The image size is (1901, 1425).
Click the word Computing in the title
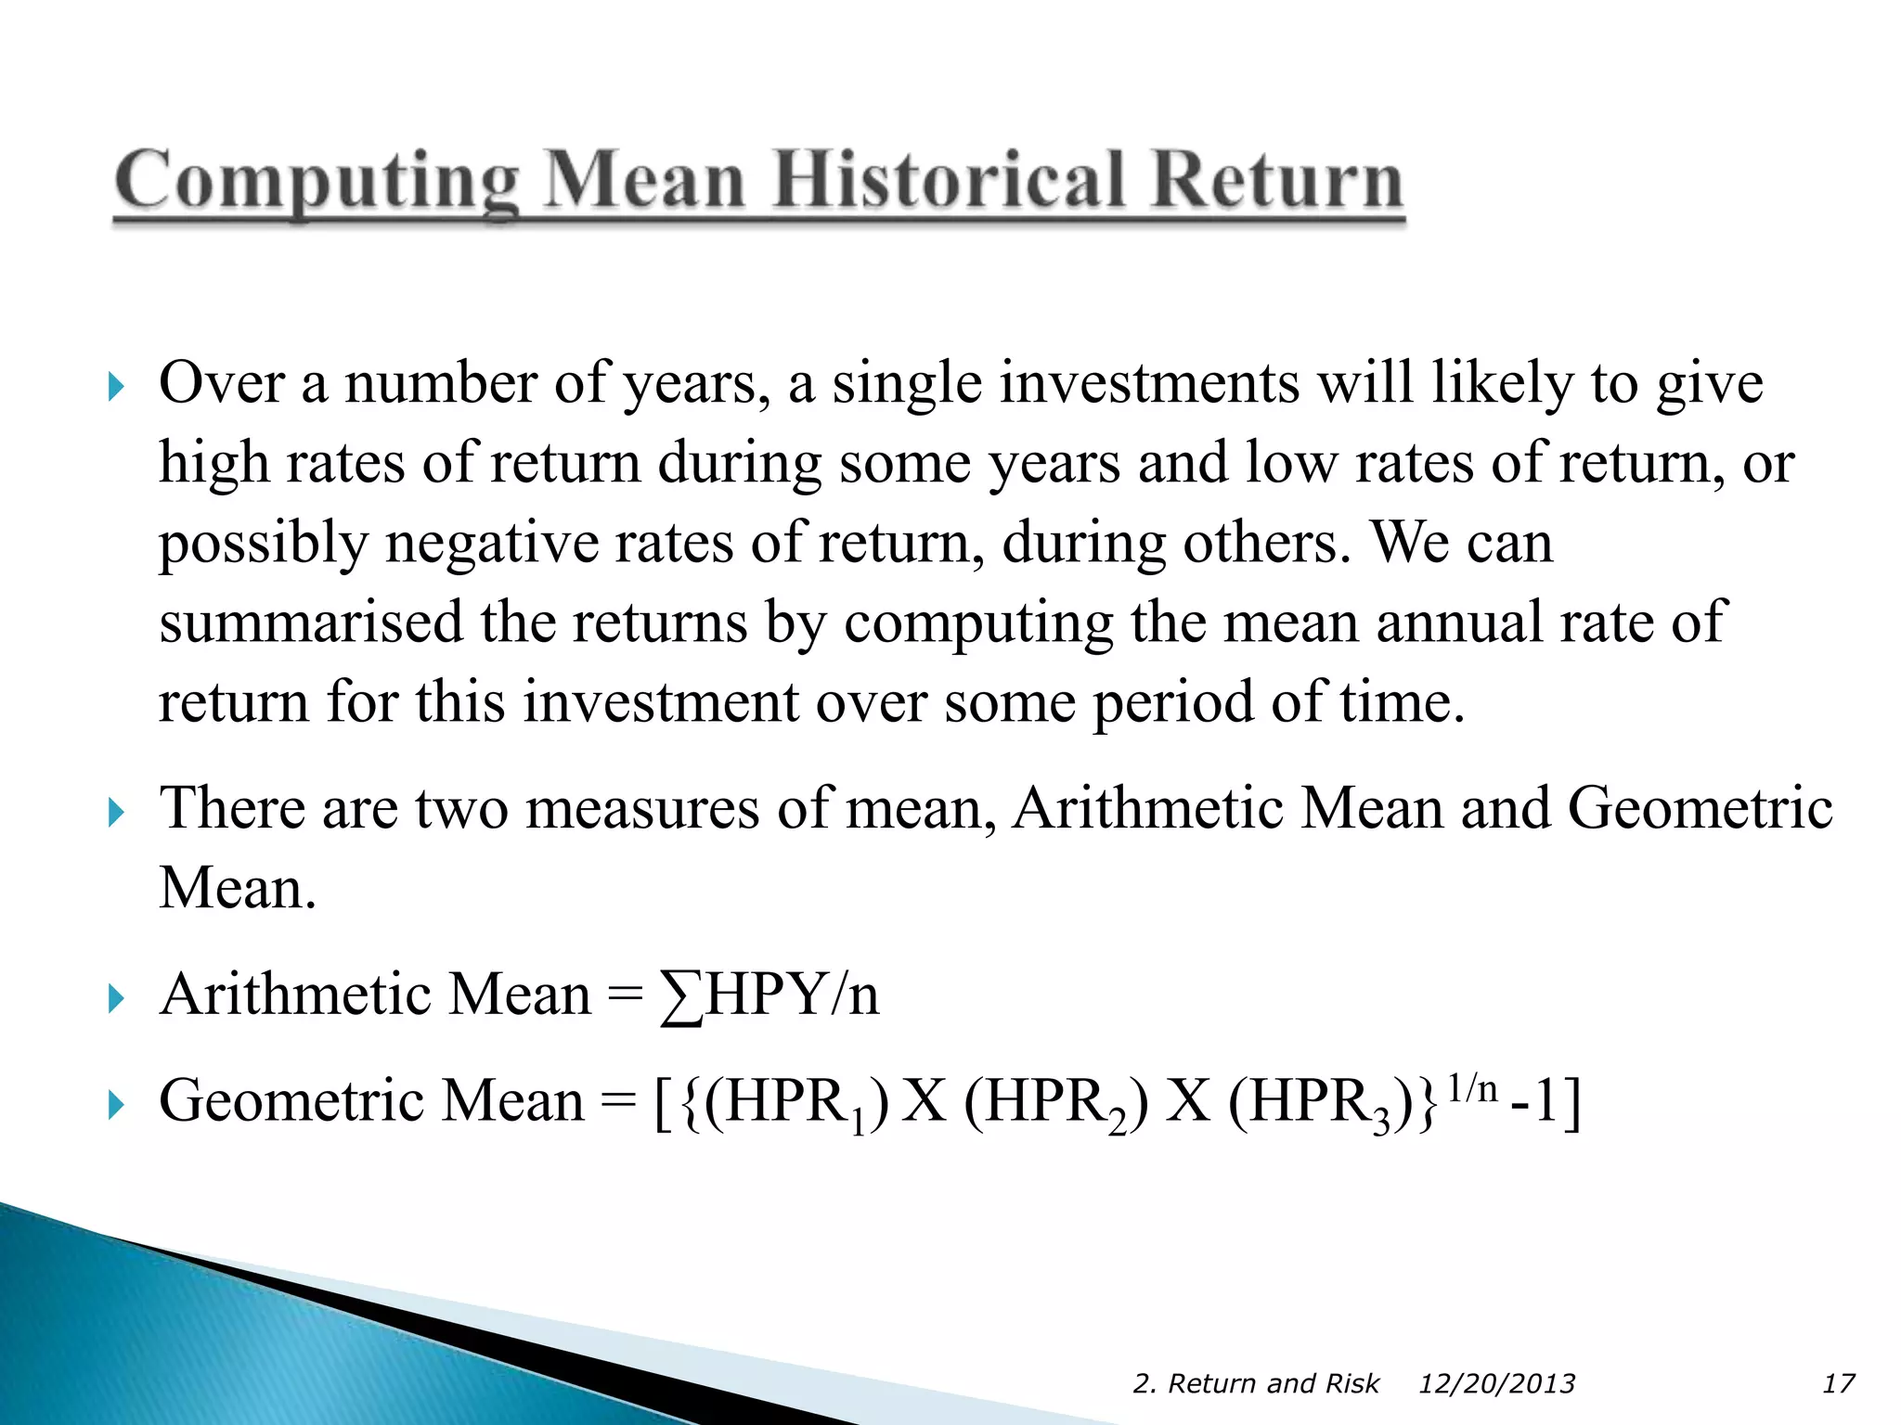click(x=316, y=183)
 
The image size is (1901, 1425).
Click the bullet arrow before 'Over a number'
click(x=115, y=386)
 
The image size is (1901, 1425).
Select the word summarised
click(x=310, y=622)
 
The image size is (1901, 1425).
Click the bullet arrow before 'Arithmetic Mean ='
click(x=115, y=999)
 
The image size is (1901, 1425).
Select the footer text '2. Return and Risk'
click(x=1256, y=1383)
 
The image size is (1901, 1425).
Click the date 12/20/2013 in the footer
click(x=1496, y=1383)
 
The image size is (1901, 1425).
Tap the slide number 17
click(x=1838, y=1383)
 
